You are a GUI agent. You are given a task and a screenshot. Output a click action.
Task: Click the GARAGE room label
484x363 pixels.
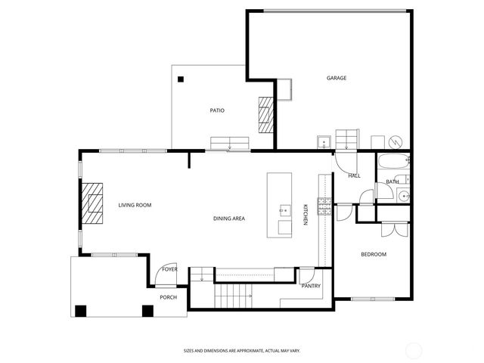(x=337, y=78)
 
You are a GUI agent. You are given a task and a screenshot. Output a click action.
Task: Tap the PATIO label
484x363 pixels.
(x=217, y=110)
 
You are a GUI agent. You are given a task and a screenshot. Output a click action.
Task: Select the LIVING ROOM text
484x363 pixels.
(x=135, y=205)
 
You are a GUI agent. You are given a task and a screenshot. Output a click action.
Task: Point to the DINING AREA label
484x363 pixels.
(x=228, y=219)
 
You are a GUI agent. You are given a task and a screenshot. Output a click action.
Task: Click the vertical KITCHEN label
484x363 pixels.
(x=306, y=214)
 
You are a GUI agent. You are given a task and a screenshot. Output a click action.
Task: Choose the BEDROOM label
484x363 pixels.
(x=373, y=254)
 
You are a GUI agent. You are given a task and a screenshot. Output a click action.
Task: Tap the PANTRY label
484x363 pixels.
(x=311, y=286)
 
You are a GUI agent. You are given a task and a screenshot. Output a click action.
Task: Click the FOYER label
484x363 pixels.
(x=169, y=269)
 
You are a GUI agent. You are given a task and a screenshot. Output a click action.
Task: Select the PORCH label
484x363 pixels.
(x=168, y=297)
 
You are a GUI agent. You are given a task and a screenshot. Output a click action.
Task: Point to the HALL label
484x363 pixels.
(x=354, y=175)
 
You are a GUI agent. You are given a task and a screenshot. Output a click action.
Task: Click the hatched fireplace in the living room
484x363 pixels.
(x=93, y=203)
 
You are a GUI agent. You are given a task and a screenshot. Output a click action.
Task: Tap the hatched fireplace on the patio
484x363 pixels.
(x=265, y=113)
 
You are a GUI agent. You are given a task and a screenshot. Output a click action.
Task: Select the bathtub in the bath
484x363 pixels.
(x=392, y=162)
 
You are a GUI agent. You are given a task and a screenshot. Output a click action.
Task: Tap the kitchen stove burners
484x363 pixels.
(x=324, y=206)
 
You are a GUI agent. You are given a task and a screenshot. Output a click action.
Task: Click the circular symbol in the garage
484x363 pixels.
(x=394, y=141)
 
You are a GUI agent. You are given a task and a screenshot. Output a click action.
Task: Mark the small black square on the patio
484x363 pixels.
(x=181, y=79)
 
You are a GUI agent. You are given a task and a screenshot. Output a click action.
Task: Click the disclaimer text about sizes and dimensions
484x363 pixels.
(x=241, y=350)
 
